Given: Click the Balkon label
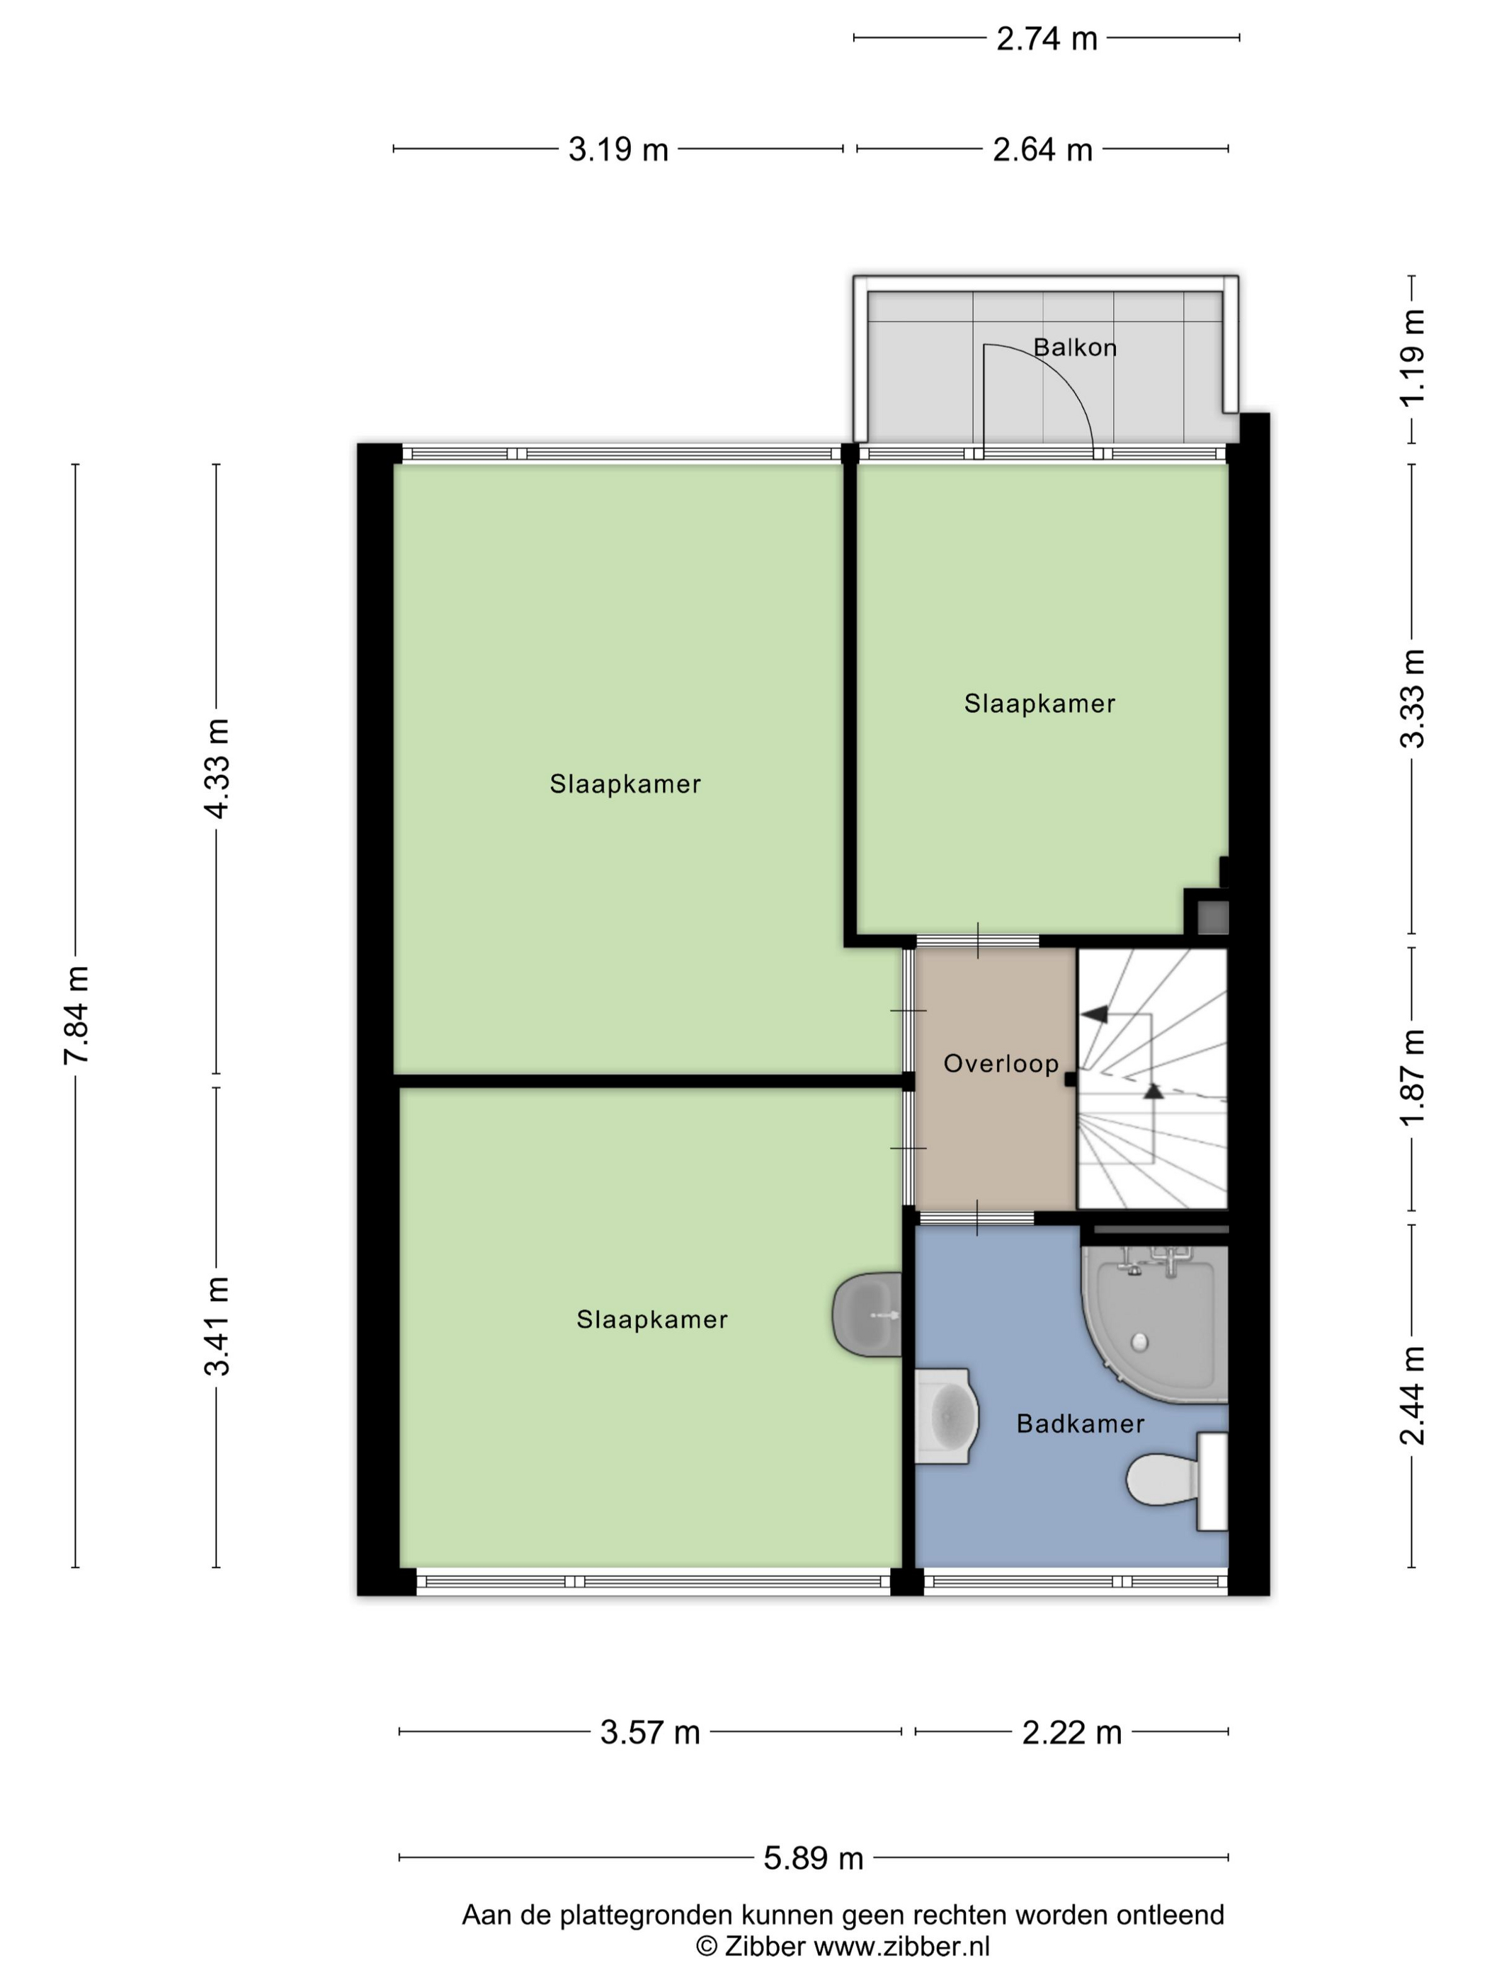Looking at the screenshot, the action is coord(1075,347).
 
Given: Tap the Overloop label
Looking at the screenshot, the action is coord(1001,1064).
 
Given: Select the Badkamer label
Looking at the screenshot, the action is coord(1080,1424).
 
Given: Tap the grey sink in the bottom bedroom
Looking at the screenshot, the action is coord(867,1314).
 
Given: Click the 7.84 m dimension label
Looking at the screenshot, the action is coord(76,1015).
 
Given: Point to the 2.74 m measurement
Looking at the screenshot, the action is coord(1047,38).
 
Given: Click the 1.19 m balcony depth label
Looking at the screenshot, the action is coord(1413,358).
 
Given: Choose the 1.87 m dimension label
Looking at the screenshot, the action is coord(1413,1077).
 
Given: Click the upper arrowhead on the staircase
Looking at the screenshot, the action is coord(1095,1014).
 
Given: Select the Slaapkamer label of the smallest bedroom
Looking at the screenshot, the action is coord(1039,704).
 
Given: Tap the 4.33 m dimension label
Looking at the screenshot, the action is coord(217,768).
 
